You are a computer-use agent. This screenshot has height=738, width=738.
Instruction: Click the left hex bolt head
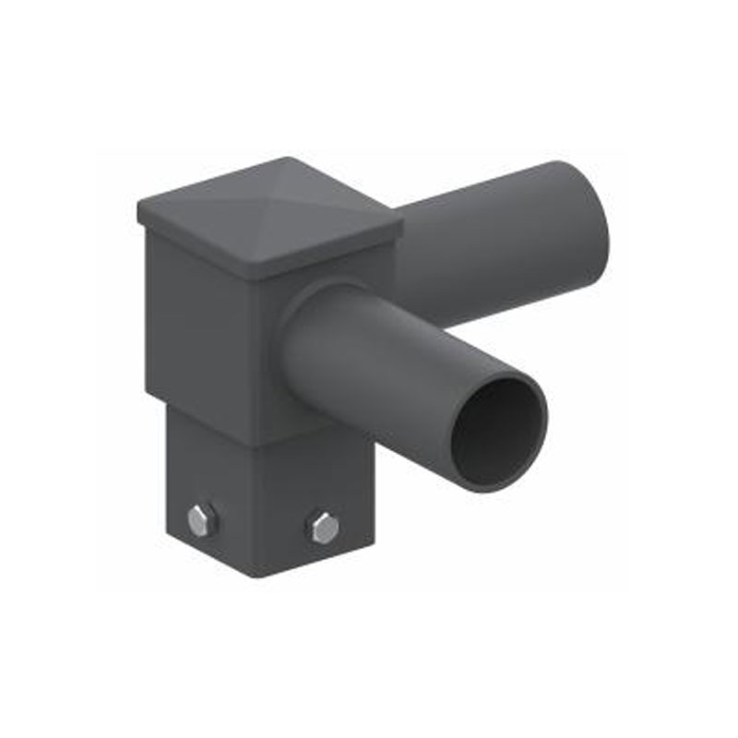[x=202, y=520]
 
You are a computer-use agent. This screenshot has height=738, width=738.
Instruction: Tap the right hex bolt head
[x=324, y=528]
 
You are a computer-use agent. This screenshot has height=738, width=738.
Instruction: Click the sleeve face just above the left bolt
[x=203, y=480]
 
